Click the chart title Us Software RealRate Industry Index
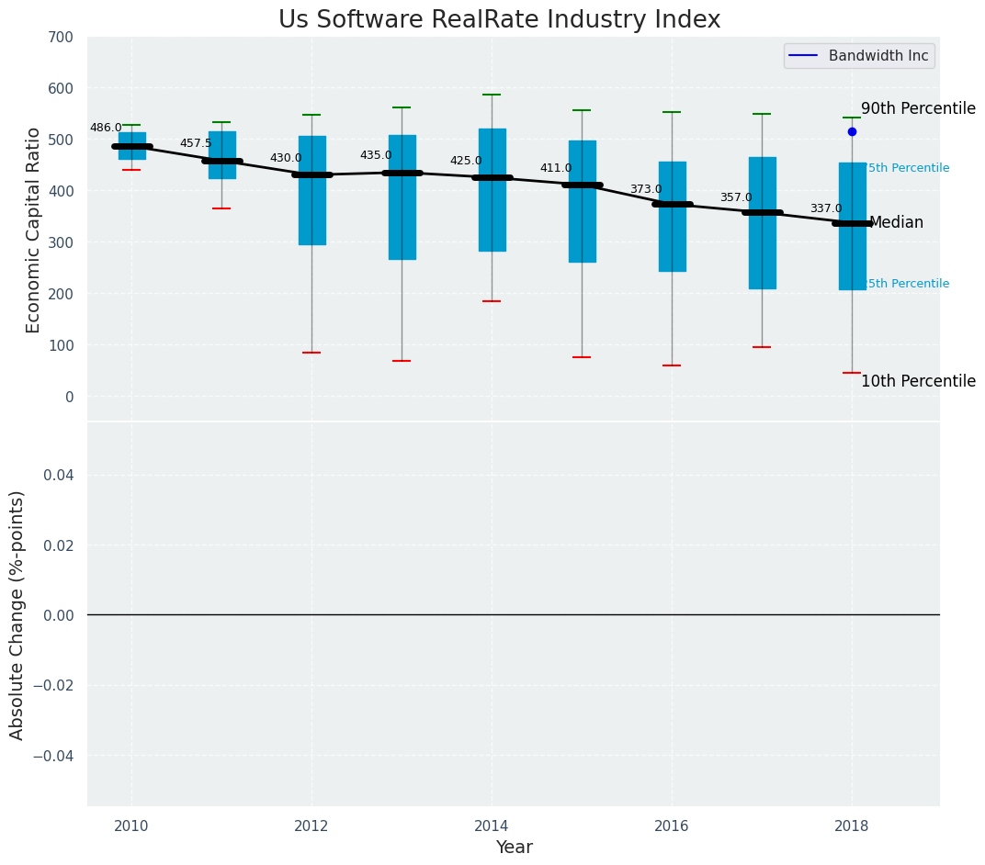coord(499,20)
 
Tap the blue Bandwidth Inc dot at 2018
coord(852,132)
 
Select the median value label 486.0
coord(106,129)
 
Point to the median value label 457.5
coord(196,144)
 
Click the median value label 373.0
coord(646,190)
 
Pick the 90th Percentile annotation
coord(918,109)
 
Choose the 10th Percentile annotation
coord(918,382)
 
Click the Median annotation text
coord(896,223)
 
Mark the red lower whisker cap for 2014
coord(492,301)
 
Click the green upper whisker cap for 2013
coord(402,107)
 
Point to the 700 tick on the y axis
coord(62,38)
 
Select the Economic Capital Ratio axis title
coord(34,230)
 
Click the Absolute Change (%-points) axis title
coord(17,614)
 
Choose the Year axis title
coord(514,848)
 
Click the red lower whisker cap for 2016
coord(672,365)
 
